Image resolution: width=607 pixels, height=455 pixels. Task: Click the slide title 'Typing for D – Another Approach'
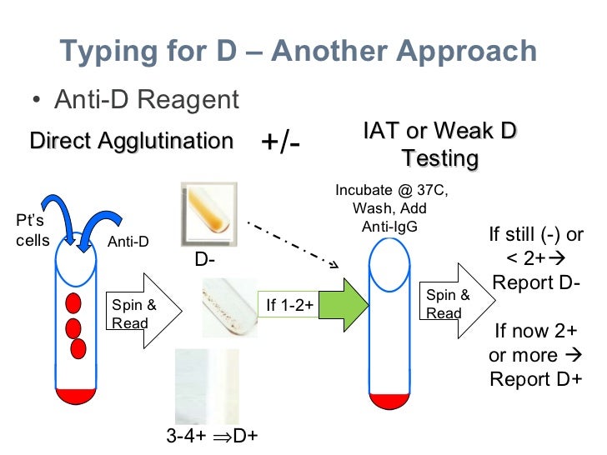coord(298,52)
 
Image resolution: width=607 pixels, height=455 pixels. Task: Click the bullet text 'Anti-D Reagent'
coord(146,100)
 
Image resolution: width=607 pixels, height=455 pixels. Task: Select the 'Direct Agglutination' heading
coord(131,141)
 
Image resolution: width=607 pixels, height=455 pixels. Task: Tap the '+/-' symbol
coord(281,142)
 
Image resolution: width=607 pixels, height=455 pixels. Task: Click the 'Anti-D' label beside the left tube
coord(128,242)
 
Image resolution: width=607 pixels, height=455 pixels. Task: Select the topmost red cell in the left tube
coord(73,302)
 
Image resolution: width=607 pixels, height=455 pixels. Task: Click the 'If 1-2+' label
coord(289,306)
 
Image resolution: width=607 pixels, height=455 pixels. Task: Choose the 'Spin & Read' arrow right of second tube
coord(454,304)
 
